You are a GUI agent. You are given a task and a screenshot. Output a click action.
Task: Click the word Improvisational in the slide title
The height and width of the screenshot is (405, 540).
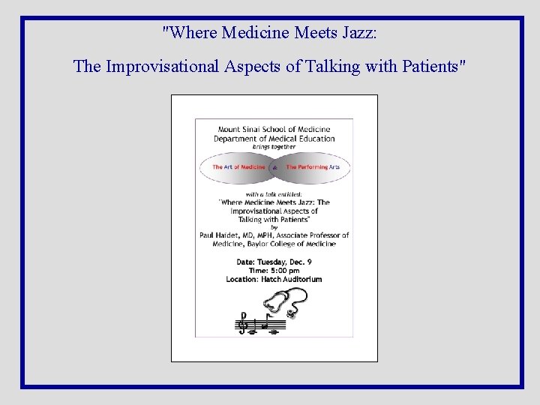point(162,67)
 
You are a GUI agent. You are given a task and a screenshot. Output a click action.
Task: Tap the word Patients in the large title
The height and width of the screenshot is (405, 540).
point(433,67)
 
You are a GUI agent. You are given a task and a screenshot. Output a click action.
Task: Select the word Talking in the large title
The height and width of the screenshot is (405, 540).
point(331,67)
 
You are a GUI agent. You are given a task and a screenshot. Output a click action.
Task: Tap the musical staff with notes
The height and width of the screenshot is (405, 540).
point(259,324)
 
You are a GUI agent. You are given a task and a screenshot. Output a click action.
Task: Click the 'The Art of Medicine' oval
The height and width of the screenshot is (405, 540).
point(238,167)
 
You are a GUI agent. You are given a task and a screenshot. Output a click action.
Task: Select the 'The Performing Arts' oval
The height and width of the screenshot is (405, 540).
point(313,167)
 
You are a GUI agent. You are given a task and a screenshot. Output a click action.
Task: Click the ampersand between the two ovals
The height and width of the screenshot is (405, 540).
point(274,168)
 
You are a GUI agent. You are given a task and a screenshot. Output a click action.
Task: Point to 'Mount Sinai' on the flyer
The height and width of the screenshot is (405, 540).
point(237,130)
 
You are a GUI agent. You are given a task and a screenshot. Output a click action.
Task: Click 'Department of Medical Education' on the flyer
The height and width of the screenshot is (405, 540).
point(274,139)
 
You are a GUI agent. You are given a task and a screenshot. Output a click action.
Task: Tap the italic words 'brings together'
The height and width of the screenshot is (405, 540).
point(274,147)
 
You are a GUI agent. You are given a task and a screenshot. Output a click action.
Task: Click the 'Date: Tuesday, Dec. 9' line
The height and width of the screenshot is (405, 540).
point(274,262)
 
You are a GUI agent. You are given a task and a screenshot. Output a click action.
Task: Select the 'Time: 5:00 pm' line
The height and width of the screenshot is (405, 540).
point(274,270)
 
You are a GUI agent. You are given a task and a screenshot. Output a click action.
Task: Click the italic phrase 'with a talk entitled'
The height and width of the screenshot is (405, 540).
point(274,194)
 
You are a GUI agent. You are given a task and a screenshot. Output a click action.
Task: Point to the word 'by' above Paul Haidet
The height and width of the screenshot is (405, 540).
point(274,227)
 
